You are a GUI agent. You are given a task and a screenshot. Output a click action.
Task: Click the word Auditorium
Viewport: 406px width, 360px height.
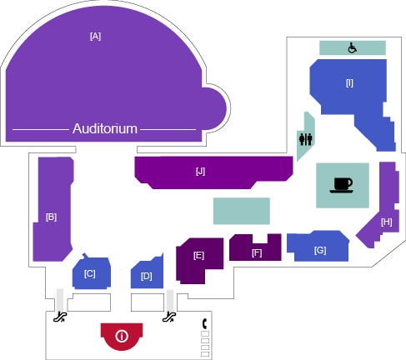click(105, 129)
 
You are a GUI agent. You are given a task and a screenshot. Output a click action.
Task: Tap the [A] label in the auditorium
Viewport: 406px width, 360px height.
click(95, 36)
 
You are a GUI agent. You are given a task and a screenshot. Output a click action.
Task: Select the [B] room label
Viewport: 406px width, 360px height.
click(51, 217)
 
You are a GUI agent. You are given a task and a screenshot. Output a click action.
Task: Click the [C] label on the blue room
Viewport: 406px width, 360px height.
click(90, 274)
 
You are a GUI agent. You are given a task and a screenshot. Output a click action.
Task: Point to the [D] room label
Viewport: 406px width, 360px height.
click(147, 276)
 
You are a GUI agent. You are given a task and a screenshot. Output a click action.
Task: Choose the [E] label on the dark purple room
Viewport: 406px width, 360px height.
click(198, 255)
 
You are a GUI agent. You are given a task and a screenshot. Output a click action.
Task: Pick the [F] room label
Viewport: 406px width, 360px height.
click(257, 252)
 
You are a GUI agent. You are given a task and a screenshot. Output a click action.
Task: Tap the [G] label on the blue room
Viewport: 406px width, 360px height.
click(320, 250)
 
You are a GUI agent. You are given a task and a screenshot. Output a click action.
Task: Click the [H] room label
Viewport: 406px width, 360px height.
click(387, 222)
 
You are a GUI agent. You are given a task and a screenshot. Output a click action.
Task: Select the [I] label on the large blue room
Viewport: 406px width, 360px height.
click(349, 83)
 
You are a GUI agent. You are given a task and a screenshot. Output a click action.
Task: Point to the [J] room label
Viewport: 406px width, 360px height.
click(200, 172)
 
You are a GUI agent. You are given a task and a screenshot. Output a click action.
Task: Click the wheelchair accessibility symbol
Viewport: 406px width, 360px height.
click(353, 47)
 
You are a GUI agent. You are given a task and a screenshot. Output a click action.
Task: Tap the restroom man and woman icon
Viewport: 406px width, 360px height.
click(306, 139)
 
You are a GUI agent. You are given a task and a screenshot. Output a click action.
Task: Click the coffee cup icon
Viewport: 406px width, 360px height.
click(343, 185)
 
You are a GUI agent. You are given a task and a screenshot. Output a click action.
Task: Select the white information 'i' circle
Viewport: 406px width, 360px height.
click(122, 337)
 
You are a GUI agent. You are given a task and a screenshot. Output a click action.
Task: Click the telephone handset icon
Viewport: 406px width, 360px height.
click(204, 323)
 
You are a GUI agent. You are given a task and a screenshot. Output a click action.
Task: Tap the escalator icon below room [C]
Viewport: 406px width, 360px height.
click(60, 317)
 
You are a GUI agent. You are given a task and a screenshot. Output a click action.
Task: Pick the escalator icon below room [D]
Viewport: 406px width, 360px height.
click(169, 317)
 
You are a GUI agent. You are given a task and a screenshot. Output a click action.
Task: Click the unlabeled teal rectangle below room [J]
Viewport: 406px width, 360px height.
click(242, 211)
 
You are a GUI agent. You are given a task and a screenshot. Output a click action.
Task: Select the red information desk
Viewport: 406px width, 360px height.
click(122, 337)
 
